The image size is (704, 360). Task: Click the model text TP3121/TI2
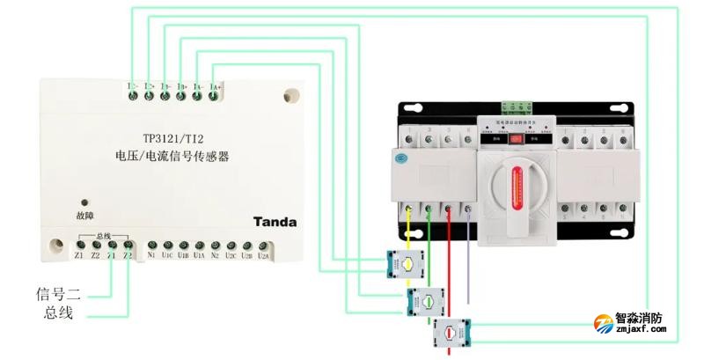point(172,139)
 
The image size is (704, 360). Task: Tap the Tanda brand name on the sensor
point(275,222)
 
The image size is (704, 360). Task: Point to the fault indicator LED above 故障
point(84,202)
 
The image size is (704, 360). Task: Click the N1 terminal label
point(152,256)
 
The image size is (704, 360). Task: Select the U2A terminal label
point(263,256)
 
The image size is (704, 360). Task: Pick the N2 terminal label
point(216,256)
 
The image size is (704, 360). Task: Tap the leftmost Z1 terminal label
point(79,256)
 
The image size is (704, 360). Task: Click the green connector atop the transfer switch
point(517,108)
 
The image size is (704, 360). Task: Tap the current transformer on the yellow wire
point(407,262)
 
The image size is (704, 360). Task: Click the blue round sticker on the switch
point(401,160)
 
